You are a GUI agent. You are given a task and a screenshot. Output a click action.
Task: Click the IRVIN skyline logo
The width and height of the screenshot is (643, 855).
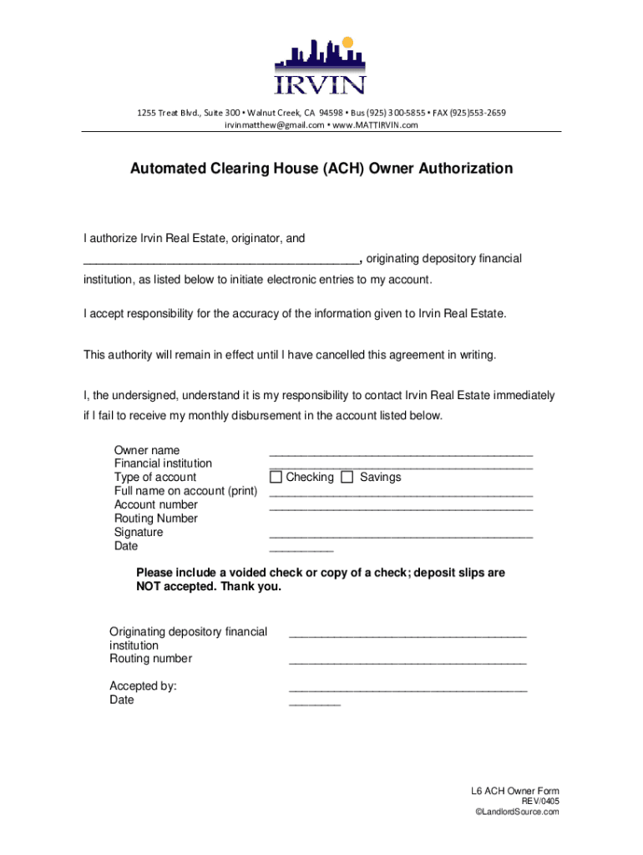coord(321,67)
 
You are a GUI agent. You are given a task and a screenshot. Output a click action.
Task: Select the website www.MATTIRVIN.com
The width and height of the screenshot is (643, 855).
coord(375,125)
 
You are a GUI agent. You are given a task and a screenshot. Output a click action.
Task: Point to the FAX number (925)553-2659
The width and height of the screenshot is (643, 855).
coord(473,113)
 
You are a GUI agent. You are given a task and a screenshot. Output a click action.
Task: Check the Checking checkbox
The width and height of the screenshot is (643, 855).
coord(276,478)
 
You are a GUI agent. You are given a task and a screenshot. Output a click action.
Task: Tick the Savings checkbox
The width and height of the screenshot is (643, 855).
coord(347,478)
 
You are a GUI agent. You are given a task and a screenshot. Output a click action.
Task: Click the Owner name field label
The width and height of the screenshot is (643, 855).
coord(147,450)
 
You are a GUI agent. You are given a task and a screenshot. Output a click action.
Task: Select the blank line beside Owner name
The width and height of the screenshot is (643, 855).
coord(401,454)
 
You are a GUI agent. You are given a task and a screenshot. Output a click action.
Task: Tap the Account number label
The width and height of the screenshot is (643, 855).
coord(156,504)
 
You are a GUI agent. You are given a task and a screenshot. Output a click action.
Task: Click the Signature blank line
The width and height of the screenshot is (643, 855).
coord(401,536)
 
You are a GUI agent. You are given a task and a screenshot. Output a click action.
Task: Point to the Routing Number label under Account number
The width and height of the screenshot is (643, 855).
coord(156,519)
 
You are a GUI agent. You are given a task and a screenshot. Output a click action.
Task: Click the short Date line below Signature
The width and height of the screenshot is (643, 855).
coord(301,550)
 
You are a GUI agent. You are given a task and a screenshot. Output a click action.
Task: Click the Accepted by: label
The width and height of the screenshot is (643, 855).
coord(143,686)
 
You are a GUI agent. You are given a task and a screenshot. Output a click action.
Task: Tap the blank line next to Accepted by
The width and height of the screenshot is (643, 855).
coord(408,691)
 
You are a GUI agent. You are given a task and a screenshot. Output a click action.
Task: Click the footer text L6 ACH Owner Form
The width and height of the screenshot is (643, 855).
coord(515,792)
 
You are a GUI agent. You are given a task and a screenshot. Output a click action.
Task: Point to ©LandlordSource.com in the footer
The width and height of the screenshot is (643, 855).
coord(516,812)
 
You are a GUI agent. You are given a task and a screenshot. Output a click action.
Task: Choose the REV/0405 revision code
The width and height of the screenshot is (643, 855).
coord(540,802)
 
